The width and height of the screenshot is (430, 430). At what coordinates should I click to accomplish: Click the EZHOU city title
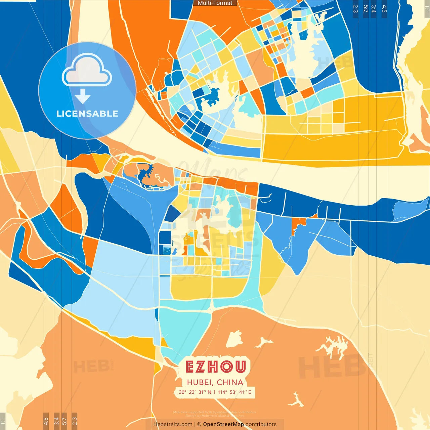coord(215,367)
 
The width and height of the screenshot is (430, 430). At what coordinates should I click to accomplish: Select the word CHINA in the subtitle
coord(230,382)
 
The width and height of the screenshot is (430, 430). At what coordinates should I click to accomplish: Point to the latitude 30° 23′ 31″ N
coord(195,392)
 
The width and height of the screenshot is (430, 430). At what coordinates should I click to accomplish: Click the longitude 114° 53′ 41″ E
coord(234,392)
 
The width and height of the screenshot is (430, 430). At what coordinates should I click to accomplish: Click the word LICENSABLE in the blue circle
coord(87,114)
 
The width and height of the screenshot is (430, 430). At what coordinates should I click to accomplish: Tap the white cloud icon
coord(87,71)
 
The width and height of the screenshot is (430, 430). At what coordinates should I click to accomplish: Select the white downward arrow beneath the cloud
coord(83,97)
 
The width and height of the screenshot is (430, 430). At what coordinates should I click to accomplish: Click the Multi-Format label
coord(215,3)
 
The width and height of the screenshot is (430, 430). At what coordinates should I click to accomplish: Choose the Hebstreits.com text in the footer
coord(173,424)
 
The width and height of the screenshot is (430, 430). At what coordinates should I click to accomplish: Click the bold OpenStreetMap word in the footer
coord(223,424)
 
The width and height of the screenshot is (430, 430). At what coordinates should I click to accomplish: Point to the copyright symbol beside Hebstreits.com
coord(199,424)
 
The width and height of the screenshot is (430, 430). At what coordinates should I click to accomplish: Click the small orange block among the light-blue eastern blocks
coord(298,222)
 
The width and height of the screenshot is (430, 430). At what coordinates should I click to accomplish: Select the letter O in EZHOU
coord(227,367)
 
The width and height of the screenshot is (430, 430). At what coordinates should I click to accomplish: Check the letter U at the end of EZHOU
coord(241,367)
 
